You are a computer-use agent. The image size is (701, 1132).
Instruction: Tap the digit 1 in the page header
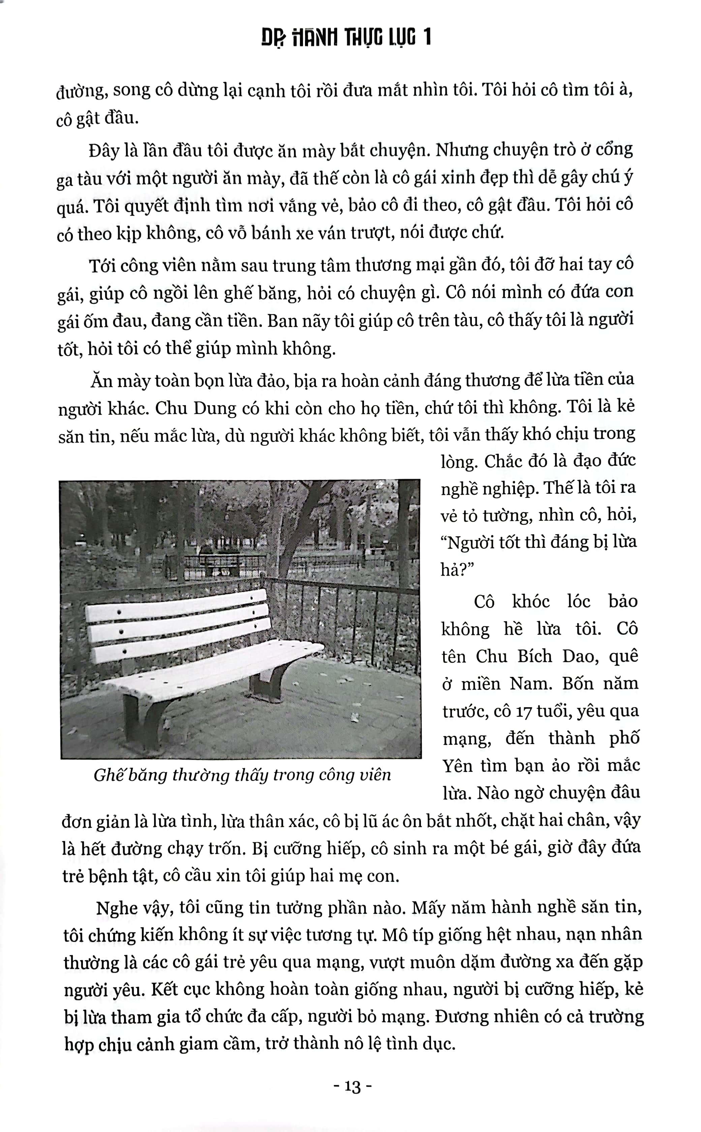[426, 37]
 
